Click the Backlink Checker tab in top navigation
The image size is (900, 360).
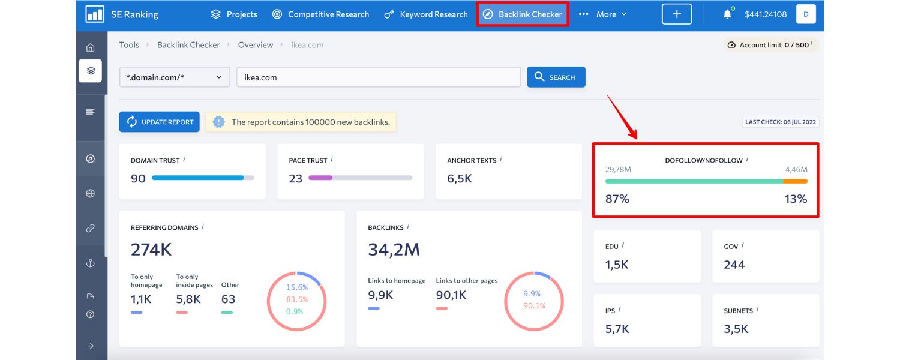coord(523,14)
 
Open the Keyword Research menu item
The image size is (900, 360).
coord(426,14)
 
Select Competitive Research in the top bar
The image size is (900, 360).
coord(320,14)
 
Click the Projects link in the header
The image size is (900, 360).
coord(234,14)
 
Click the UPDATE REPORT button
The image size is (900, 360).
coord(160,122)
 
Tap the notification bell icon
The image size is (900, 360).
coord(727,14)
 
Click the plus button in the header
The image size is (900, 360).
coord(676,14)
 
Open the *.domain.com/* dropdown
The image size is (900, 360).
coord(174,77)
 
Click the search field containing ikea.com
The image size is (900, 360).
coord(378,77)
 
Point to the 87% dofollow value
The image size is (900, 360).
coord(617,199)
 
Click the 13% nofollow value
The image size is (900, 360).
coord(795,199)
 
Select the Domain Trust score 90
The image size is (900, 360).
coord(138,178)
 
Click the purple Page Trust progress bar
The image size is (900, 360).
coord(320,178)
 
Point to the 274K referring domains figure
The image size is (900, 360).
coord(151,249)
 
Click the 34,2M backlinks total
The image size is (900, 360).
coord(394,249)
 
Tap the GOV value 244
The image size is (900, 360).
coord(734,265)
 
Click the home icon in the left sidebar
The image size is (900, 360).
coord(90,47)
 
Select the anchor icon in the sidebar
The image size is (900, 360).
coord(90,263)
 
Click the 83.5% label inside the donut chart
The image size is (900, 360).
coord(297,299)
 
